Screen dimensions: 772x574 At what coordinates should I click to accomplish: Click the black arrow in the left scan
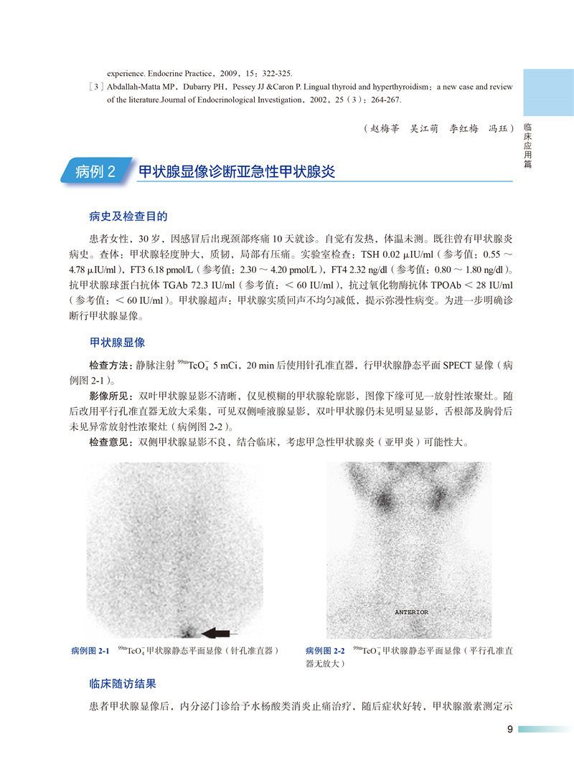221,632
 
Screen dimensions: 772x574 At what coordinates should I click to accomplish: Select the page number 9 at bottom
509,730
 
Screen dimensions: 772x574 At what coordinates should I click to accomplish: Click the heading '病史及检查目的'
128,216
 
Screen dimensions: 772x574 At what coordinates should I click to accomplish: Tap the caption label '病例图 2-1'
90,651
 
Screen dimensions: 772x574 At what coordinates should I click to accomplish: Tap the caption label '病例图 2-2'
324,651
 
